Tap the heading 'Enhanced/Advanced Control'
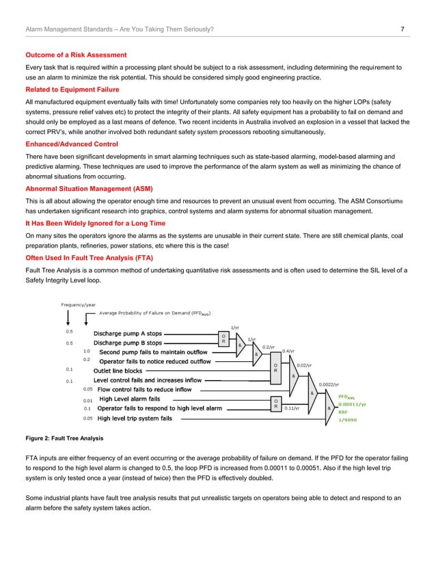point(72,146)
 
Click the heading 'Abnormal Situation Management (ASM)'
point(89,188)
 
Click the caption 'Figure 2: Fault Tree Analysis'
point(64,436)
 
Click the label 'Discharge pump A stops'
point(128,334)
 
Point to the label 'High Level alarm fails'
point(131,399)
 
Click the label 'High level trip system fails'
point(135,418)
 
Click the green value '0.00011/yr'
point(353,404)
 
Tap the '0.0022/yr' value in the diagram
point(329,384)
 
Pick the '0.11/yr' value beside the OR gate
point(293,408)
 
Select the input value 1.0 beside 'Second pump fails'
point(87,351)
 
